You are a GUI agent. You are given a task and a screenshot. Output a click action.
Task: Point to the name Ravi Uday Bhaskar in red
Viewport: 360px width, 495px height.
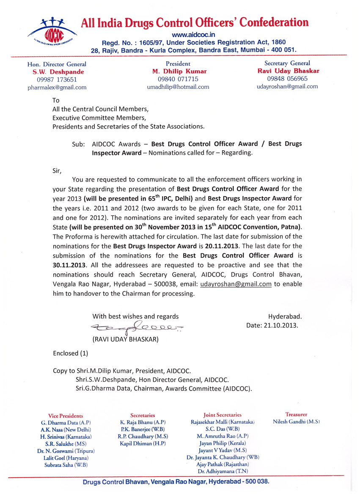[288, 71]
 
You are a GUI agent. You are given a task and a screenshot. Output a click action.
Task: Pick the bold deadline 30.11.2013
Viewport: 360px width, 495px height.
[71, 265]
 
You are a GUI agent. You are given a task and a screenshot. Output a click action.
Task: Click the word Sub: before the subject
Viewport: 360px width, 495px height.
[79, 144]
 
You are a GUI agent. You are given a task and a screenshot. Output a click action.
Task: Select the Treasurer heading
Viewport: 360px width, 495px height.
[296, 415]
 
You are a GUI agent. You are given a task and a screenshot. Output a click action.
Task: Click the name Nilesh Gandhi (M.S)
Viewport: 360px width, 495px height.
[296, 422]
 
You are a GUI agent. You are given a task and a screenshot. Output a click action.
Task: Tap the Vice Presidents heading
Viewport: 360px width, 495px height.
[66, 415]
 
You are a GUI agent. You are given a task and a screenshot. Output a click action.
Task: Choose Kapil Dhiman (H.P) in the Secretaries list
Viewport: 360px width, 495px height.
[143, 443]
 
